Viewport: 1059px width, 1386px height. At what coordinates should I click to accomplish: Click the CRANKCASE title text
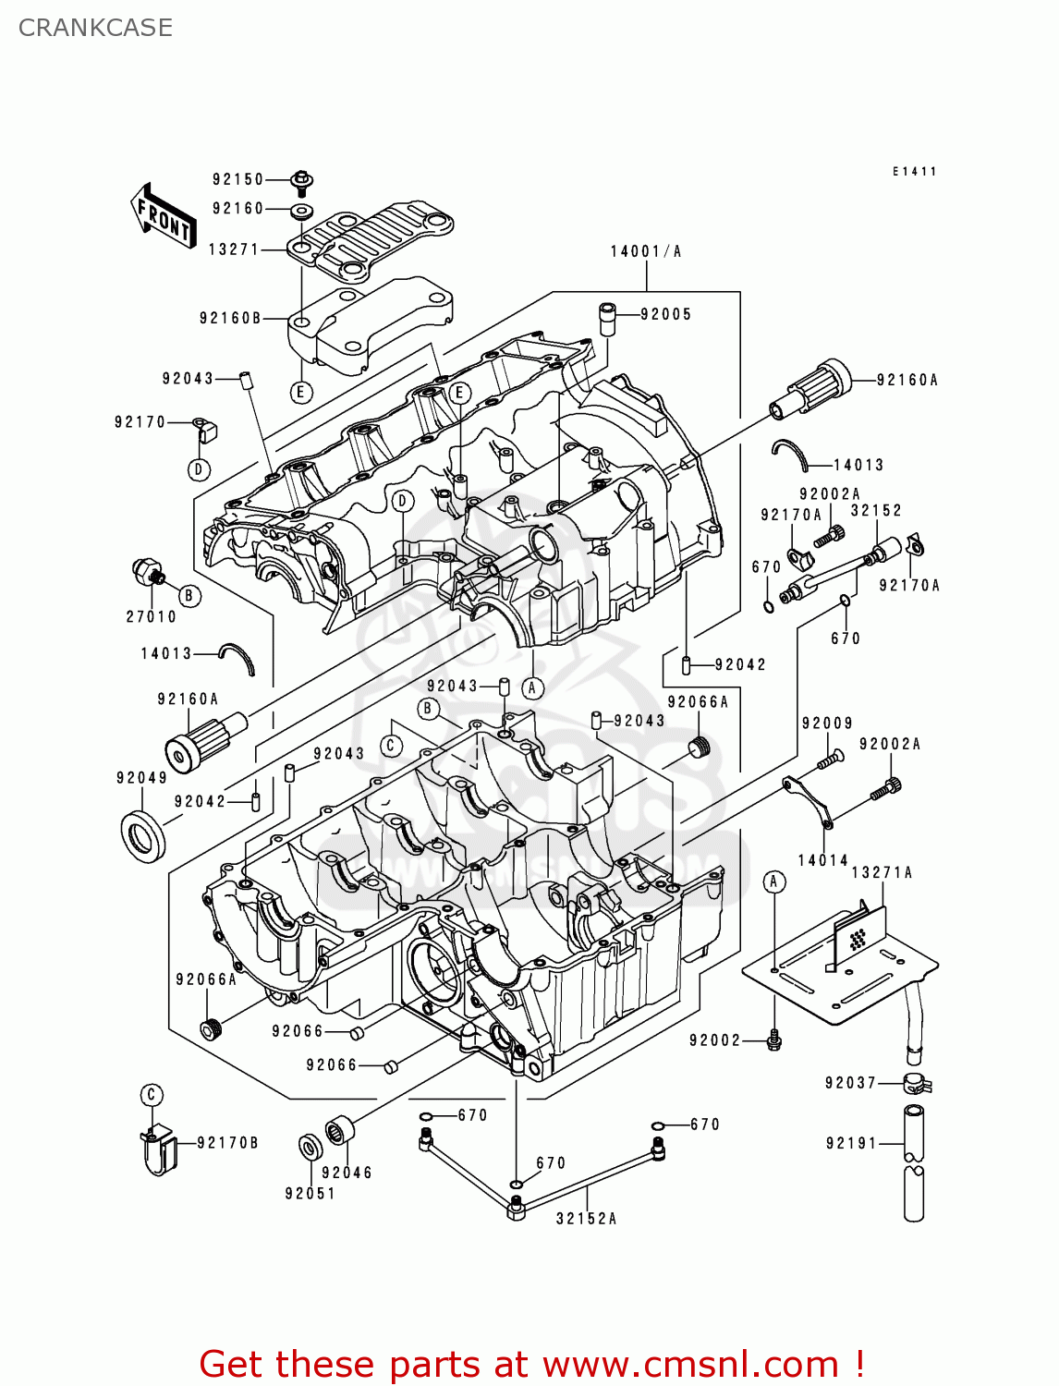(x=95, y=28)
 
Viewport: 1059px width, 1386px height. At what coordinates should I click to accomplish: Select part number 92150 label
(x=237, y=179)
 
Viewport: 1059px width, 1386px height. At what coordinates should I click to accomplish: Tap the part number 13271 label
(x=234, y=249)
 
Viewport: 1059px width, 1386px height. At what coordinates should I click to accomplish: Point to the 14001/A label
(x=645, y=251)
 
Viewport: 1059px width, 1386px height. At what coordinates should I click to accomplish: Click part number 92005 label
(x=665, y=314)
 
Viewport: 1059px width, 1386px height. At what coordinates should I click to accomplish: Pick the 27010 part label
(x=151, y=616)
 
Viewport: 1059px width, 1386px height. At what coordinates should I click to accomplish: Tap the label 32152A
(x=586, y=1219)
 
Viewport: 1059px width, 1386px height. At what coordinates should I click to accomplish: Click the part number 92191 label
(x=851, y=1143)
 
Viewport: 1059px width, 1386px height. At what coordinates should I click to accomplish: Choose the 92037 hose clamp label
(x=850, y=1082)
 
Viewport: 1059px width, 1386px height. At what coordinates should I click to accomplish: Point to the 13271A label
(x=881, y=872)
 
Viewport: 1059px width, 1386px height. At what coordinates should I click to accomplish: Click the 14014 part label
(x=822, y=860)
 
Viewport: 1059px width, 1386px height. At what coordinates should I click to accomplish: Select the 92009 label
(x=827, y=723)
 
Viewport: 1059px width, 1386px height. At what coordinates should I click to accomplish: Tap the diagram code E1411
(x=914, y=172)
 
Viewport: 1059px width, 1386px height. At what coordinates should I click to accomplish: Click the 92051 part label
(x=310, y=1193)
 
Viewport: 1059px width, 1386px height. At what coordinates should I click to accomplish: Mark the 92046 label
(x=347, y=1173)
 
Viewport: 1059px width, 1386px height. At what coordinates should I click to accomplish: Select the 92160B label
(x=230, y=318)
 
